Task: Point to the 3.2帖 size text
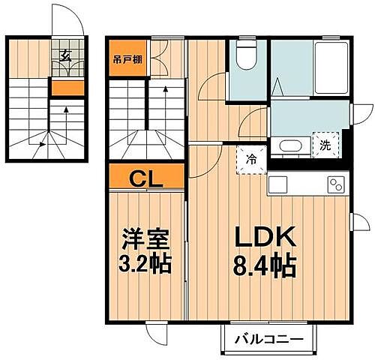(147, 263)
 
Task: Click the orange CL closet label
(147, 178)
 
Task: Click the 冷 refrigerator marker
(252, 159)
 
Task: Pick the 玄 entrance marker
(66, 55)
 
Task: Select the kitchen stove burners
(334, 182)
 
